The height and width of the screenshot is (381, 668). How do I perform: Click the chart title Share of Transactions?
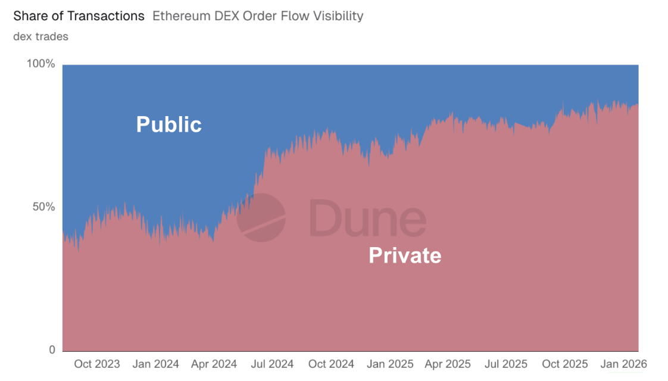pyautogui.click(x=79, y=16)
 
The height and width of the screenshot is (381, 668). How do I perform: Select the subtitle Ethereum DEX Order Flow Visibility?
pyautogui.click(x=258, y=16)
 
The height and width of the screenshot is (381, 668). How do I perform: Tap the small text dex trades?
pyautogui.click(x=40, y=36)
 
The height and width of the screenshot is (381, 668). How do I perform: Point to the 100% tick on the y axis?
pyautogui.click(x=41, y=64)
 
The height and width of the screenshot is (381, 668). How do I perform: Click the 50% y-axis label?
pyautogui.click(x=43, y=207)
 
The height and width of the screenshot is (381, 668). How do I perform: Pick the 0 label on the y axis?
pyautogui.click(x=52, y=350)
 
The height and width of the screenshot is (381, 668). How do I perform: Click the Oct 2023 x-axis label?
pyautogui.click(x=96, y=364)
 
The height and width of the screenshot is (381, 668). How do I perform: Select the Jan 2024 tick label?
pyautogui.click(x=155, y=364)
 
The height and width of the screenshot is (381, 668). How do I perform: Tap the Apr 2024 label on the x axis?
pyautogui.click(x=213, y=364)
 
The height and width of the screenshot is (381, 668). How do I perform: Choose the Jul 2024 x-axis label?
pyautogui.click(x=272, y=364)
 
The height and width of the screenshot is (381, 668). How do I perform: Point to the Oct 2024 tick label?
pyautogui.click(x=331, y=364)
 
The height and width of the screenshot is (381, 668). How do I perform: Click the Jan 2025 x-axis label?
pyautogui.click(x=390, y=364)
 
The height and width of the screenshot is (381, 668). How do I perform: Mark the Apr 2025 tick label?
pyautogui.click(x=448, y=364)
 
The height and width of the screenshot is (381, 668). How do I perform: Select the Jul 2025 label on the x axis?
pyautogui.click(x=506, y=364)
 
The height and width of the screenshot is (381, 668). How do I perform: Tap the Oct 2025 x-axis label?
pyautogui.click(x=565, y=364)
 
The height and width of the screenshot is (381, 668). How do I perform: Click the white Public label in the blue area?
pyautogui.click(x=169, y=124)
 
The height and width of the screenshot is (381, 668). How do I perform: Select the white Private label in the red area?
pyautogui.click(x=405, y=255)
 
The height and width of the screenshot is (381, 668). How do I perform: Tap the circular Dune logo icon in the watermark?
pyautogui.click(x=261, y=217)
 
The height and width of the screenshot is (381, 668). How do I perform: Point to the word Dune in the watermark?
pyautogui.click(x=367, y=217)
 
